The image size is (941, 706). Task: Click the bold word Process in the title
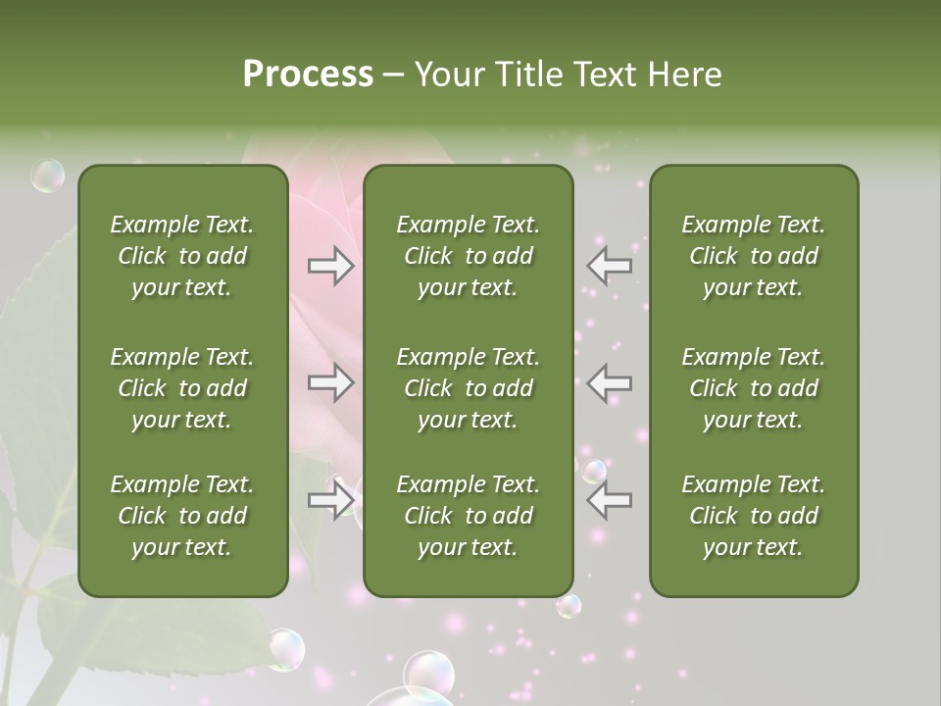pyautogui.click(x=308, y=74)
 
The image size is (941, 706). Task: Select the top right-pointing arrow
pyautogui.click(x=331, y=265)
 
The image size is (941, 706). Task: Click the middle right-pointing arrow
pyautogui.click(x=331, y=382)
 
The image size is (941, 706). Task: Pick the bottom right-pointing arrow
pyautogui.click(x=331, y=500)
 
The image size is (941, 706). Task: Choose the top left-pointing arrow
pyautogui.click(x=609, y=265)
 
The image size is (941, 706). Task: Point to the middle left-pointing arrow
pyautogui.click(x=609, y=382)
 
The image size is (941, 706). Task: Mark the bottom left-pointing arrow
pyautogui.click(x=609, y=500)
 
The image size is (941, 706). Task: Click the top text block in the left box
pyautogui.click(x=182, y=256)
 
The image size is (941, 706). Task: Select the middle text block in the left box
pyautogui.click(x=182, y=388)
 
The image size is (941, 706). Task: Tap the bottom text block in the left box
pyautogui.click(x=182, y=516)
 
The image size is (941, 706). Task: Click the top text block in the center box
pyautogui.click(x=468, y=256)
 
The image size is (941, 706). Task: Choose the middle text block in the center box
pyautogui.click(x=468, y=388)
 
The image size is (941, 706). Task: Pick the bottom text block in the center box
pyautogui.click(x=468, y=516)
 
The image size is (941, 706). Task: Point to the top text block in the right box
pyautogui.click(x=753, y=256)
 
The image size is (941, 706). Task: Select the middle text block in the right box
pyautogui.click(x=753, y=388)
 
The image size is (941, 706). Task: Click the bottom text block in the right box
pyautogui.click(x=753, y=516)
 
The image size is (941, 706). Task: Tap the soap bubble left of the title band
pyautogui.click(x=47, y=176)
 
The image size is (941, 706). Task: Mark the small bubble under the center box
pyautogui.click(x=569, y=606)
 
